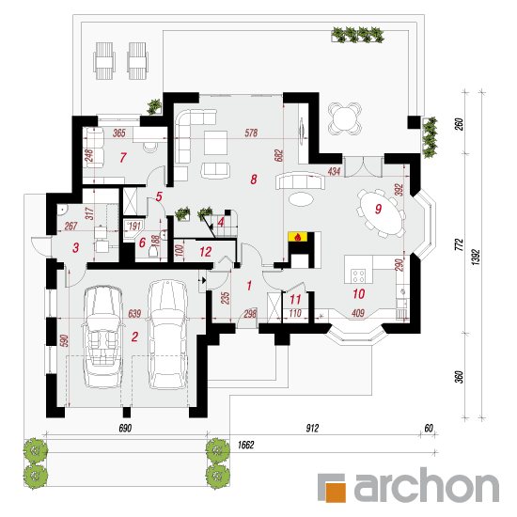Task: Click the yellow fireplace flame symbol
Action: tap(298, 237)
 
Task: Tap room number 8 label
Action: tap(253, 180)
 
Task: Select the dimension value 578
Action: tap(251, 133)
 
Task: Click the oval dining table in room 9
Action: tap(382, 212)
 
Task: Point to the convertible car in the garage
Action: tap(102, 337)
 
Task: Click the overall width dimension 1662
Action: tap(245, 446)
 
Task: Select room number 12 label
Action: tap(206, 252)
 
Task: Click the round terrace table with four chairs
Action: tap(345, 119)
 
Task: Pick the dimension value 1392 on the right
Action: tap(476, 257)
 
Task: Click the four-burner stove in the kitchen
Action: tap(358, 276)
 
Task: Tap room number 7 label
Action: tap(123, 158)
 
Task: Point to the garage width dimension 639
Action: tap(134, 313)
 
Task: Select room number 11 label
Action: tap(295, 299)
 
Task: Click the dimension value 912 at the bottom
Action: tap(312, 428)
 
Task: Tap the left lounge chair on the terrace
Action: tap(104, 61)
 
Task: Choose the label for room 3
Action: tap(76, 247)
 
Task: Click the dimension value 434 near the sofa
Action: tap(334, 171)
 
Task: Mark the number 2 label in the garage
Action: tap(134, 337)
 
